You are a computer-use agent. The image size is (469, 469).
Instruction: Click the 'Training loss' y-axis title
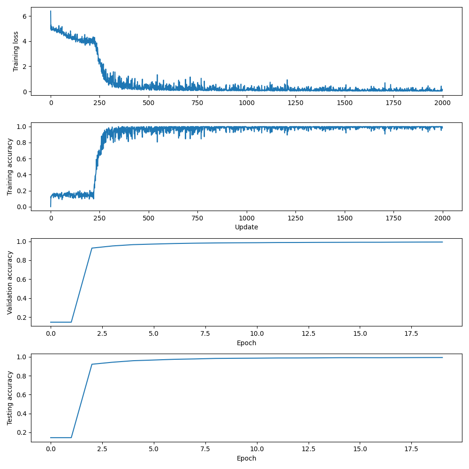[x=16, y=51]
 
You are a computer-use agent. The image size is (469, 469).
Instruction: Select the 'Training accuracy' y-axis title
[x=9, y=166]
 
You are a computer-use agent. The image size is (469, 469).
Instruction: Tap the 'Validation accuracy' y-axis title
[x=9, y=282]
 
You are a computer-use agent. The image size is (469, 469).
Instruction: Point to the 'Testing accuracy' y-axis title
[x=9, y=398]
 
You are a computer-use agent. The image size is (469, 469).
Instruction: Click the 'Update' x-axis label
[x=246, y=227]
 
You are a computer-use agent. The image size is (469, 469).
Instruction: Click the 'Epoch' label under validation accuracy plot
[x=246, y=343]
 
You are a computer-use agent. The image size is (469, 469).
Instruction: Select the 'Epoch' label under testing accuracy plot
[x=246, y=458]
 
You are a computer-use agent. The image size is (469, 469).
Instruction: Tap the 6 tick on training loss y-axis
[x=24, y=16]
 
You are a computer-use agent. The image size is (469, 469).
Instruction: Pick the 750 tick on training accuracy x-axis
[x=197, y=218]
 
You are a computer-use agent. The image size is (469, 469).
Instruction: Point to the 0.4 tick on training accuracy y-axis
[x=21, y=175]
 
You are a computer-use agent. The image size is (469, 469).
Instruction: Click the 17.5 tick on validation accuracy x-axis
[x=411, y=334]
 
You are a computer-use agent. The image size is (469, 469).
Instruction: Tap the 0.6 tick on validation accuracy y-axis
[x=21, y=279]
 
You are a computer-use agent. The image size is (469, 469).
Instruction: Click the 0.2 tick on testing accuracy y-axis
[x=21, y=432]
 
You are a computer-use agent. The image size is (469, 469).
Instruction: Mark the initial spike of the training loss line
[x=51, y=11]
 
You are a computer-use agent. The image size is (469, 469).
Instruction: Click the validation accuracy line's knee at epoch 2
[x=92, y=248]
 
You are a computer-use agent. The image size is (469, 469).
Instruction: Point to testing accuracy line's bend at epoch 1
[x=71, y=438]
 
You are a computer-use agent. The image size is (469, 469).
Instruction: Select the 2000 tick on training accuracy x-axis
[x=442, y=218]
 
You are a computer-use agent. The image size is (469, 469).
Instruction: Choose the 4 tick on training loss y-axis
[x=24, y=41]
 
